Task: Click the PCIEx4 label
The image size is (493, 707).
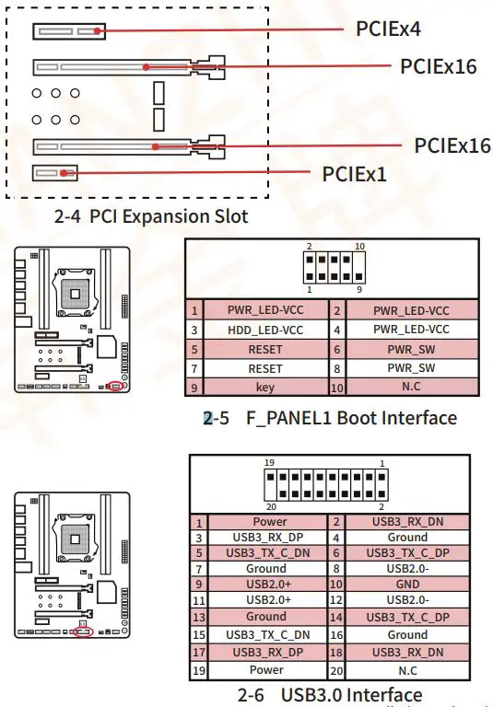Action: (x=388, y=29)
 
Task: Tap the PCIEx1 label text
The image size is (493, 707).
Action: (x=355, y=173)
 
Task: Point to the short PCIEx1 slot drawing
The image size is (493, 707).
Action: (x=55, y=172)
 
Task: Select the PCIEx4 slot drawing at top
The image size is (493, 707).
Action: (x=68, y=31)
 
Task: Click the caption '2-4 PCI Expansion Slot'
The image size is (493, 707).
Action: (x=151, y=217)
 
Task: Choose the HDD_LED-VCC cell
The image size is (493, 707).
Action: (x=265, y=330)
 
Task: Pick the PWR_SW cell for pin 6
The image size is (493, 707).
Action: (x=411, y=349)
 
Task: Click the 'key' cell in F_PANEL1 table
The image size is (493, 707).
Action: (x=265, y=388)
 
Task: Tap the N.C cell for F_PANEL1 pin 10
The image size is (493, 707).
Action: (x=411, y=388)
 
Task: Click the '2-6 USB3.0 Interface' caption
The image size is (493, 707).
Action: (x=330, y=695)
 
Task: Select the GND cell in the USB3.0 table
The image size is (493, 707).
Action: (x=406, y=583)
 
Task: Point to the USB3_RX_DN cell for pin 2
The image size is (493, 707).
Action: (x=406, y=522)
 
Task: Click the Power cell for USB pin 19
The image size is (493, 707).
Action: (x=265, y=670)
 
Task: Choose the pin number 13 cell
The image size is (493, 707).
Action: (x=198, y=617)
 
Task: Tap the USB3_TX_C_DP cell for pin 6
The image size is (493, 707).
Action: (x=406, y=552)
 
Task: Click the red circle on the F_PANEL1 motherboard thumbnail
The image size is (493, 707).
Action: (x=116, y=388)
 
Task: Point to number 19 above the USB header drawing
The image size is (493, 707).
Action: (x=270, y=463)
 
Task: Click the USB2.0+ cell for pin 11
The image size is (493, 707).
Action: (x=265, y=599)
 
